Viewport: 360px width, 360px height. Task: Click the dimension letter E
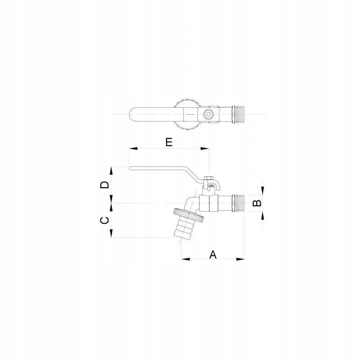(x=169, y=142)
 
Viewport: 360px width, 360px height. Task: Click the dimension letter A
(x=213, y=255)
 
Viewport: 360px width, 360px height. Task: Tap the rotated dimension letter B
(x=257, y=203)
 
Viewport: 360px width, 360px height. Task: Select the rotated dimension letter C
(x=105, y=220)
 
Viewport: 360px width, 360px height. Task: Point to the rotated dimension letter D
(x=105, y=184)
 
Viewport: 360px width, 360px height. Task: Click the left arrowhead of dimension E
(x=133, y=148)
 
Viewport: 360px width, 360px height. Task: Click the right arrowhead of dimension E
(x=205, y=148)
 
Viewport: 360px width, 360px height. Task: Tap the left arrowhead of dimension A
(x=186, y=259)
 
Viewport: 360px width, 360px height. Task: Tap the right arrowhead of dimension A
(x=240, y=259)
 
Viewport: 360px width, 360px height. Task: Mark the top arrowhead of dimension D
(x=111, y=171)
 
